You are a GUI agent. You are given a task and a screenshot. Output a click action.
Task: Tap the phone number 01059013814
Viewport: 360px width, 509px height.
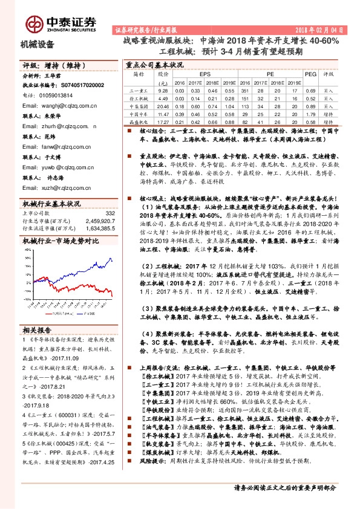[51, 96]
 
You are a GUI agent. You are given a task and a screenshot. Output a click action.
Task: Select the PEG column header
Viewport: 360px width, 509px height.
[310, 74]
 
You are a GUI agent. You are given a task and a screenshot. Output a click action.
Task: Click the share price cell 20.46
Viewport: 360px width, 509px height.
[162, 105]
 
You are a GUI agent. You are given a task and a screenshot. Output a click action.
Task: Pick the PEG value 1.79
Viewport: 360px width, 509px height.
[310, 113]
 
